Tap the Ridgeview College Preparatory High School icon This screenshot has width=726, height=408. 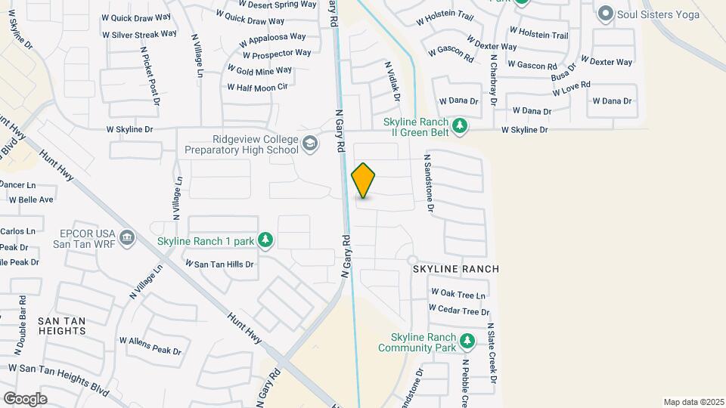point(309,143)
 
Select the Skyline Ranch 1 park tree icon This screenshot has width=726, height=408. point(265,240)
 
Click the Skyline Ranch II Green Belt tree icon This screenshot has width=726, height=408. point(459,125)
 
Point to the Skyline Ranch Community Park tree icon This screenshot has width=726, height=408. point(468,342)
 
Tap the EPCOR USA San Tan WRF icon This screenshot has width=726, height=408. point(127,238)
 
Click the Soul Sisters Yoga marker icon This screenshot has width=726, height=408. point(605,14)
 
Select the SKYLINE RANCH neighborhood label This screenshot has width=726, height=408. point(455,269)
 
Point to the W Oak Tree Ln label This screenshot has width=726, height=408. point(458,292)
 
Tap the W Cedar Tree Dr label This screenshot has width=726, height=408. point(459,310)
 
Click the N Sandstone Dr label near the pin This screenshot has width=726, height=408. point(428,183)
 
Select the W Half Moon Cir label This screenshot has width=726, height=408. point(258,87)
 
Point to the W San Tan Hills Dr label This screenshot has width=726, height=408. point(219,264)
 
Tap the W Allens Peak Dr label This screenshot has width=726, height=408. point(150,346)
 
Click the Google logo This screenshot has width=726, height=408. point(25,398)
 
